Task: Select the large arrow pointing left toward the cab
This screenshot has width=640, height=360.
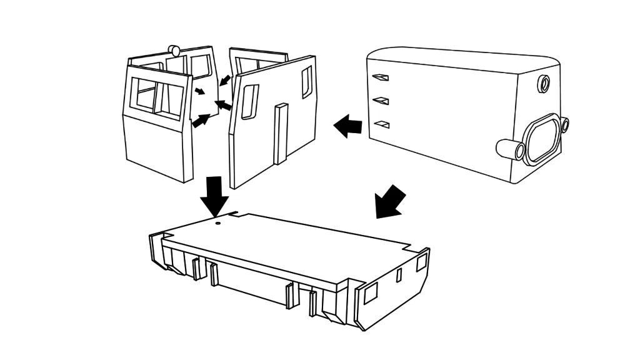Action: (348, 126)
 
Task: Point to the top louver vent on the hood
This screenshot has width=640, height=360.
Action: (380, 77)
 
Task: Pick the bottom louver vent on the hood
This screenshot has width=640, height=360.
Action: (381, 124)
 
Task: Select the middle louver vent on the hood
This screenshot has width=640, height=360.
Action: (381, 100)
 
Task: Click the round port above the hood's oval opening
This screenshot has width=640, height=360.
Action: (544, 83)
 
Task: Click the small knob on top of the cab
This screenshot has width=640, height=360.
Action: (175, 50)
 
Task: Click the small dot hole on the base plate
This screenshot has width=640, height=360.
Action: (217, 221)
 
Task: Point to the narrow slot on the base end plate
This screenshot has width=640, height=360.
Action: (399, 276)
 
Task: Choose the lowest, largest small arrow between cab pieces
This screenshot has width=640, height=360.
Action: (201, 120)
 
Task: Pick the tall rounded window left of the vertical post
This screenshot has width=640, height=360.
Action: (249, 102)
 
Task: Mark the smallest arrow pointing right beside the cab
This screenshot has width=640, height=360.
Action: (199, 92)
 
